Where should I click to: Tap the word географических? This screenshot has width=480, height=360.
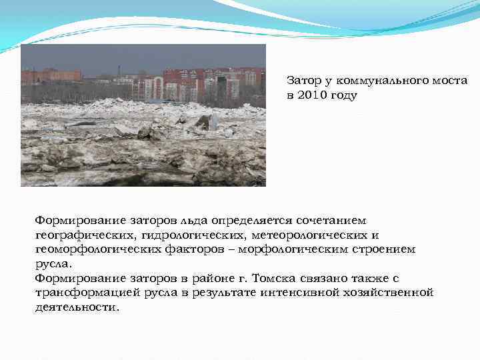84,235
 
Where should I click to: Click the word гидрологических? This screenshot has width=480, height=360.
192,235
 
